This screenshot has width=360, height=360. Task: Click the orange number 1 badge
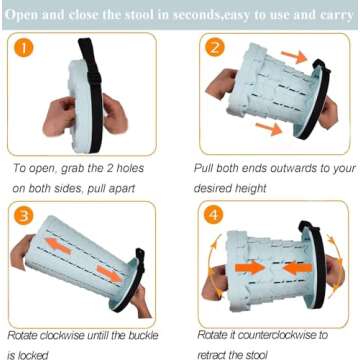pos(23,48)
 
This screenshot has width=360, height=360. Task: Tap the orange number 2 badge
pos(215,47)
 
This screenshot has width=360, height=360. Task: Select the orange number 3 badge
pos(23,216)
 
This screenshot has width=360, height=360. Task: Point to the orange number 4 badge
pos(213,216)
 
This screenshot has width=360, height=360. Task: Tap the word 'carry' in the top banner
pos(336,15)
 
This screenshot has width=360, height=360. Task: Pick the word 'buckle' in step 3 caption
pos(143,335)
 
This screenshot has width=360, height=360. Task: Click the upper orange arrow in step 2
pos(294,57)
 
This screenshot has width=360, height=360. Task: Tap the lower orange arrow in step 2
pos(269,129)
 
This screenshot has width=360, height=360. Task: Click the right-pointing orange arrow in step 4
pos(250,268)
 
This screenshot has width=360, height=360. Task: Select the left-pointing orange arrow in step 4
pos(297,268)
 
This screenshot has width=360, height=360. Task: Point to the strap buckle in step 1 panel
pos(94,79)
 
